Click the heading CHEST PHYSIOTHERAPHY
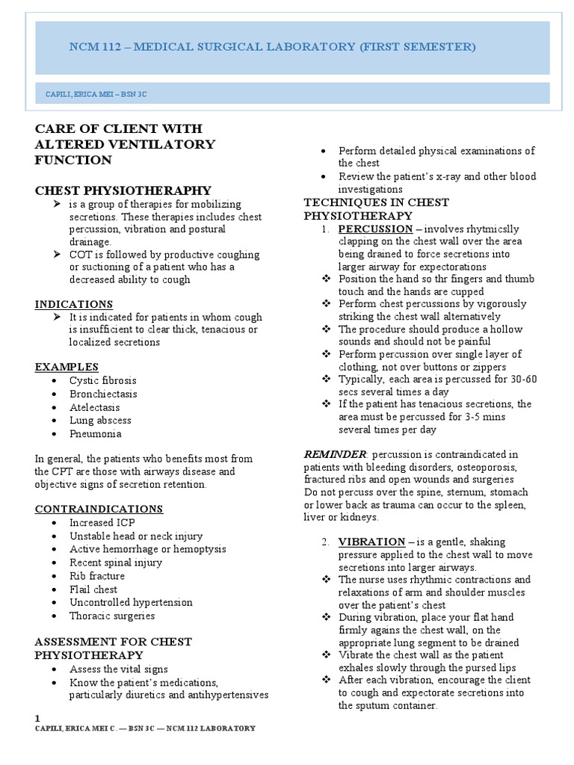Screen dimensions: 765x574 pyautogui.click(x=123, y=191)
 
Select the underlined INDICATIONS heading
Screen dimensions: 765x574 pyautogui.click(x=74, y=304)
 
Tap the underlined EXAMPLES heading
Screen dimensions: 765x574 pyautogui.click(x=67, y=367)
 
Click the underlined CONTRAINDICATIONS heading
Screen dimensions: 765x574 pyautogui.click(x=99, y=509)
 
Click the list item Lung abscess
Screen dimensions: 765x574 pyautogui.click(x=99, y=421)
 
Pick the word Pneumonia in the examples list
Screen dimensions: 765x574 pyautogui.click(x=95, y=433)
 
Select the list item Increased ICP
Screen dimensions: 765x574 pyautogui.click(x=102, y=522)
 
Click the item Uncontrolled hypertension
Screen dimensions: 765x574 pyautogui.click(x=131, y=602)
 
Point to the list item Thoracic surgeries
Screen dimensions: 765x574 pyautogui.click(x=112, y=616)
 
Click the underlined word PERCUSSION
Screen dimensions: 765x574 pyautogui.click(x=375, y=229)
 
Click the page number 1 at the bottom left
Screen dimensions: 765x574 pyautogui.click(x=37, y=718)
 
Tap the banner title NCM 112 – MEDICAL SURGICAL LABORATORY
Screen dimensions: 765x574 pyautogui.click(x=271, y=47)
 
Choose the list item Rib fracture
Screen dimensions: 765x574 pyautogui.click(x=97, y=576)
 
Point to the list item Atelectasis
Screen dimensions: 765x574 pyautogui.click(x=94, y=407)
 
